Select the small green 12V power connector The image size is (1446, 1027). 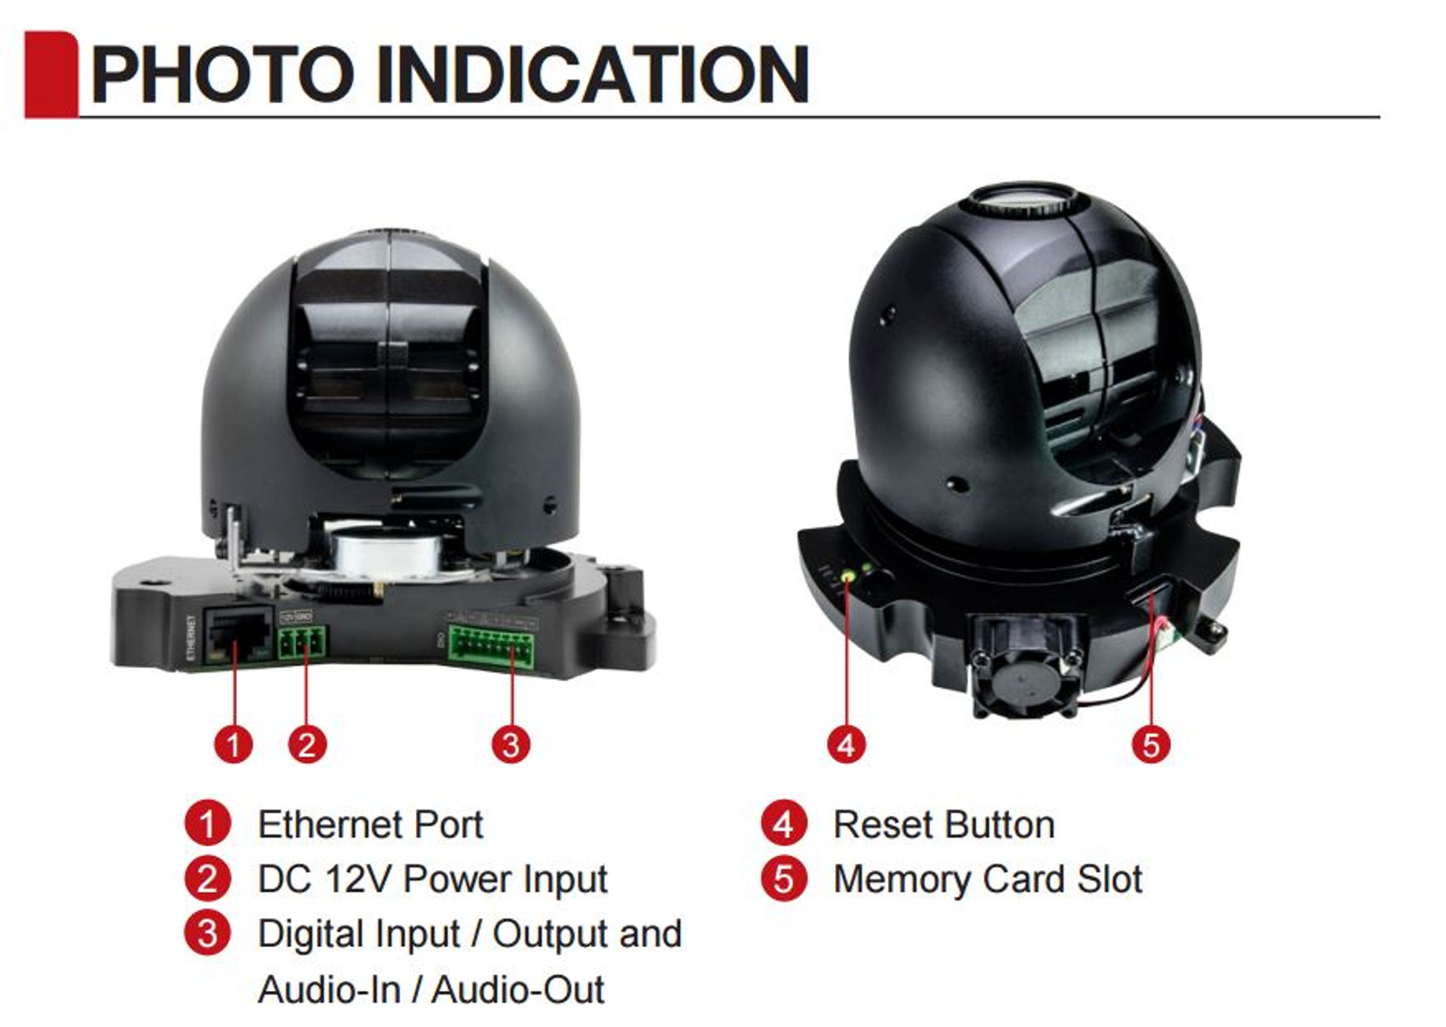(302, 643)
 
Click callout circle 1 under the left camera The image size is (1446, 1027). (233, 744)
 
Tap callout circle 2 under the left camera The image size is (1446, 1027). (307, 744)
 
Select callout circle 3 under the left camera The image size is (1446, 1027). (511, 744)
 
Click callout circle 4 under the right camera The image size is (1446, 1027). (847, 744)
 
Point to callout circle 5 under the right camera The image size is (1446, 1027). (1151, 744)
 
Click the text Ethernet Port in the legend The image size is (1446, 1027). (370, 824)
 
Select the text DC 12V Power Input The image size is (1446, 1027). (432, 879)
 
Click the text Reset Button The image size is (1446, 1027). (944, 824)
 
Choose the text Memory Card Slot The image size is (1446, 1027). (987, 879)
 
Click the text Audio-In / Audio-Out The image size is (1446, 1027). (431, 989)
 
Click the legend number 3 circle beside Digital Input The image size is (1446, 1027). (207, 934)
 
